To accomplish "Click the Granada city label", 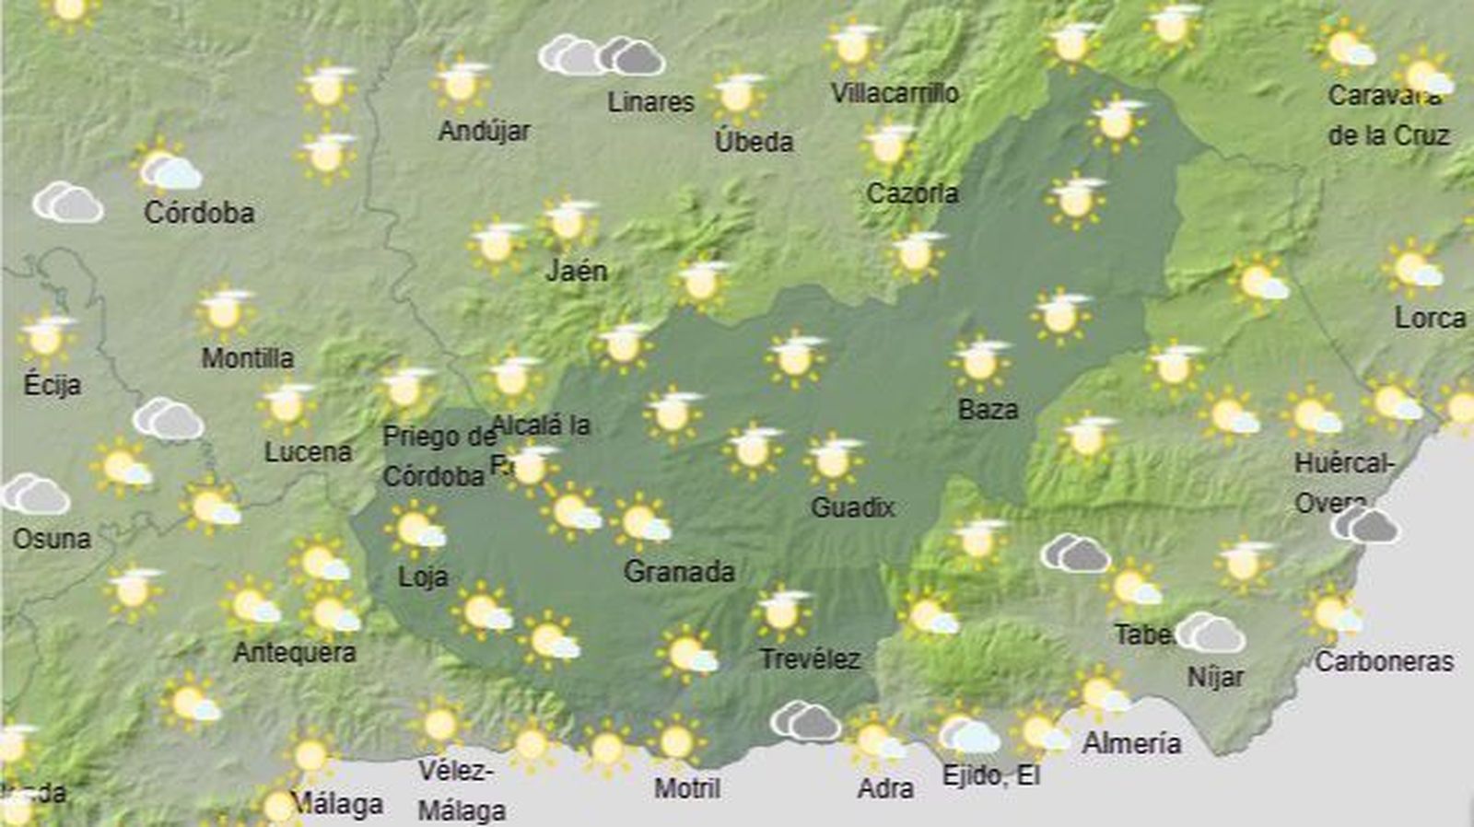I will [x=679, y=572].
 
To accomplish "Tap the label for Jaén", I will [x=577, y=271].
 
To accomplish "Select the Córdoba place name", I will [x=199, y=213].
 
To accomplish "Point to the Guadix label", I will [x=853, y=507].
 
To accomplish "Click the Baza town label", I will [x=988, y=410].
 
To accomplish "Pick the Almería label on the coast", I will [x=1131, y=743].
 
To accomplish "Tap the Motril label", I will [x=687, y=788].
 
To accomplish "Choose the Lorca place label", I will [x=1429, y=319].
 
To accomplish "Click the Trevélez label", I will [x=810, y=659].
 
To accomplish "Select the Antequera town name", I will [x=294, y=653].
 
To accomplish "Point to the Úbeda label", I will [x=754, y=142].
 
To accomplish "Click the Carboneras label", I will [x=1384, y=661].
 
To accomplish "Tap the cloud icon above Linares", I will [x=602, y=56].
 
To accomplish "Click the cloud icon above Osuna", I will [x=37, y=495].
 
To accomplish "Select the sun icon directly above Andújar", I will [x=462, y=83].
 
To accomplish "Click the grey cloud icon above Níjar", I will [x=1211, y=634].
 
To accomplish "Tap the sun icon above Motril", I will [x=677, y=740].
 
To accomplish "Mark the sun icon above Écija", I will [x=47, y=338].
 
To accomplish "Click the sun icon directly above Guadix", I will [x=834, y=460].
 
